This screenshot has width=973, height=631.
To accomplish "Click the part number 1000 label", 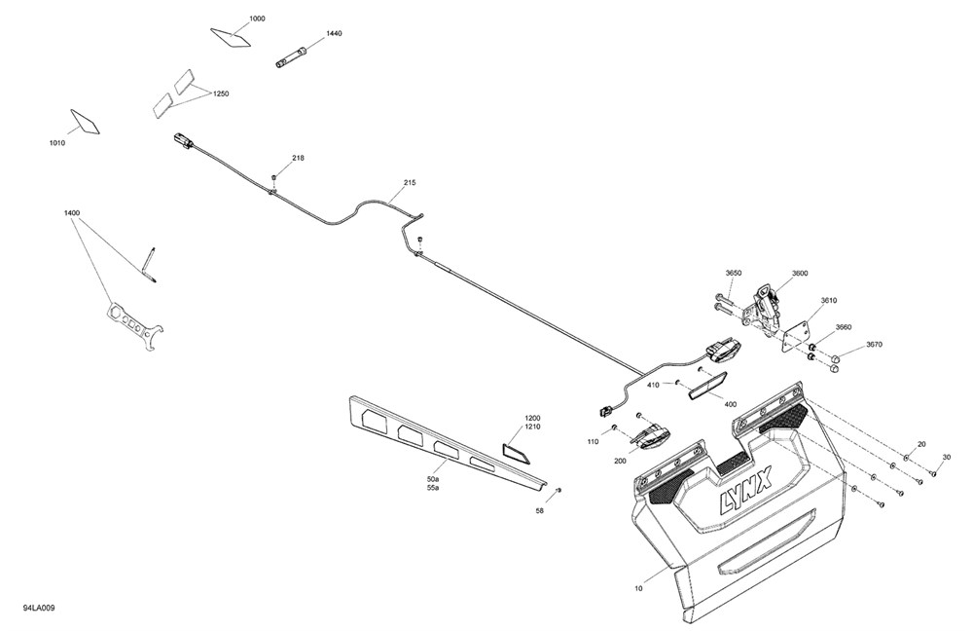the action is pyautogui.click(x=257, y=19).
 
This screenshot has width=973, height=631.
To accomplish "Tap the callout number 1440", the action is pyautogui.click(x=334, y=33).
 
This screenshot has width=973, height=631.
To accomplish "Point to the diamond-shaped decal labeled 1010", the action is pyautogui.click(x=85, y=122).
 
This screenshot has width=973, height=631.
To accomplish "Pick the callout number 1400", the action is pyautogui.click(x=71, y=213).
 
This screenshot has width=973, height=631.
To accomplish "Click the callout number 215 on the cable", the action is pyautogui.click(x=410, y=183).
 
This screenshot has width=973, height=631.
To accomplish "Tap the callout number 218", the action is pyautogui.click(x=299, y=158).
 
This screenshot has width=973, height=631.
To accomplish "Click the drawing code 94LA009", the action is pyautogui.click(x=39, y=608).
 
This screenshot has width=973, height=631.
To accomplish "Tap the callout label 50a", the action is pyautogui.click(x=433, y=480).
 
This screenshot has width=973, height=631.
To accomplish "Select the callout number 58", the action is pyautogui.click(x=539, y=511).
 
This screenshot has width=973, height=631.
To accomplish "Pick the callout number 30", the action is pyautogui.click(x=947, y=457).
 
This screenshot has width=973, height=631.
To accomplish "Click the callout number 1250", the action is pyautogui.click(x=221, y=93).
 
